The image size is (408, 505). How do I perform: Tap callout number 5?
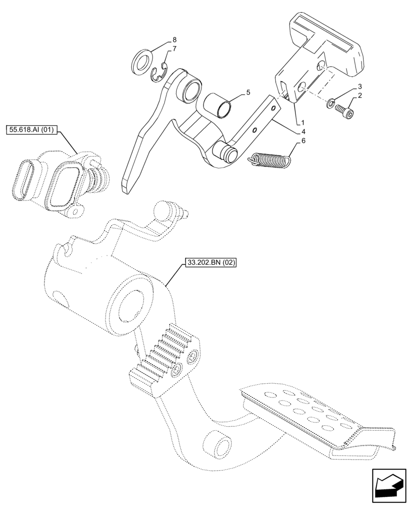point(248,92)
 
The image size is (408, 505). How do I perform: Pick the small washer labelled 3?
point(330,104)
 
